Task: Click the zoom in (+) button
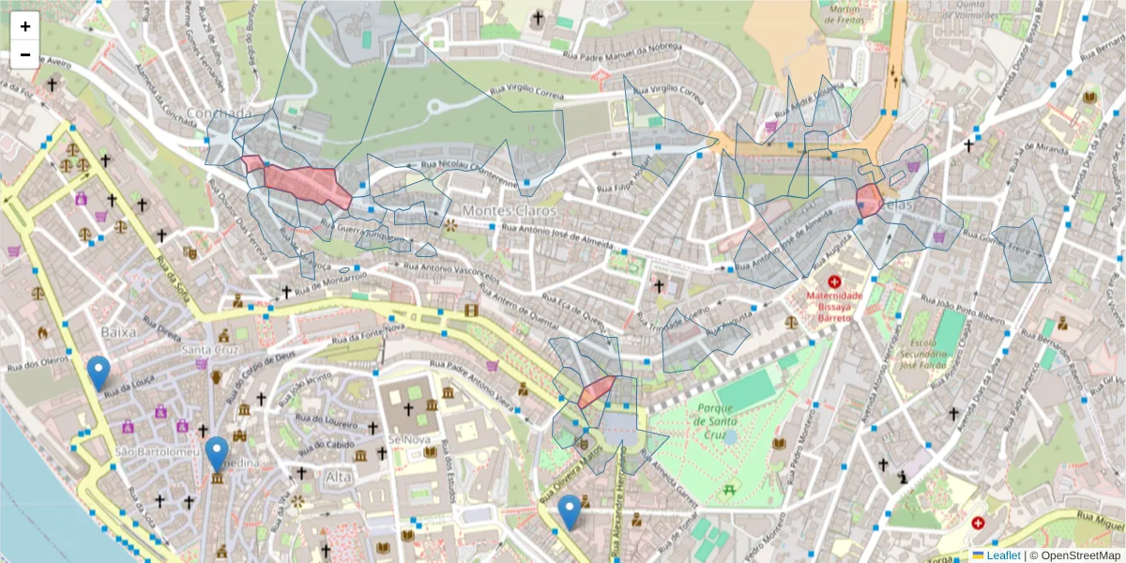coord(25,26)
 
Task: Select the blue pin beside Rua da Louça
coord(99,373)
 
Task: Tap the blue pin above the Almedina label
coord(218,453)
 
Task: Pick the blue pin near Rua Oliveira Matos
coord(569,511)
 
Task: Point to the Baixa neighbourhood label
coord(118,332)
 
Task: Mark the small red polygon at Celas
coord(869,201)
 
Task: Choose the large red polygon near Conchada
coord(305,183)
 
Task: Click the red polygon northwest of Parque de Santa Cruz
coord(595,391)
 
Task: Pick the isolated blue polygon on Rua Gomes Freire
coord(1025,251)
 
